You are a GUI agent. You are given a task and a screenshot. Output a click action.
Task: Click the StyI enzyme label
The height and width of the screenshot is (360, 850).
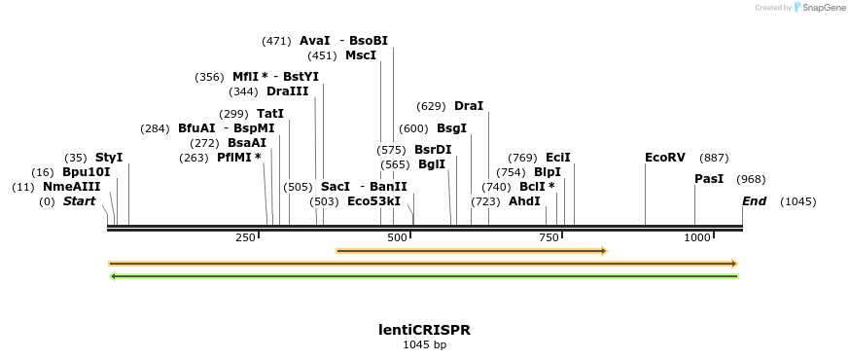109,158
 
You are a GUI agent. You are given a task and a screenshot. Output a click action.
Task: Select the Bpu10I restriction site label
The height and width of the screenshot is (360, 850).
87,172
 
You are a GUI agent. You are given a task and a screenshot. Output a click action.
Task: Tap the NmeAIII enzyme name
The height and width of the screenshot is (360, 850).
72,187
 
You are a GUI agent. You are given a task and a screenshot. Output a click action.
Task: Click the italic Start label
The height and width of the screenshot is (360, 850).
80,201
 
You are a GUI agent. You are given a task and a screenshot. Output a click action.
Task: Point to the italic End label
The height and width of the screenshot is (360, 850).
754,201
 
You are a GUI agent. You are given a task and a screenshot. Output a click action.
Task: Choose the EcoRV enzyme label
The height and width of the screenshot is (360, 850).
665,158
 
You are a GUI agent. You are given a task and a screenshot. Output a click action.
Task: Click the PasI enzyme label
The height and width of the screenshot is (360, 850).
709,179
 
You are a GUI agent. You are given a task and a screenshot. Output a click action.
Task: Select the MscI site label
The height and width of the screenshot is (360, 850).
361,55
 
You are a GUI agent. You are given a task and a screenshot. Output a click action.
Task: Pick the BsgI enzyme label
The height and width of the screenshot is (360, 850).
451,128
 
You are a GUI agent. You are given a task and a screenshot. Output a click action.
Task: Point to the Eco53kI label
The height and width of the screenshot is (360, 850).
373,201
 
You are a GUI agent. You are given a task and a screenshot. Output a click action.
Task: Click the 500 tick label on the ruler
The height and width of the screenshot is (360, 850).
397,237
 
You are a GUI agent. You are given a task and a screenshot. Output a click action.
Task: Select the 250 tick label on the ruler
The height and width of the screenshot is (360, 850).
246,237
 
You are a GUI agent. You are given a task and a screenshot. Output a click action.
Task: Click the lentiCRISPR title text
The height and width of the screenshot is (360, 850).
424,330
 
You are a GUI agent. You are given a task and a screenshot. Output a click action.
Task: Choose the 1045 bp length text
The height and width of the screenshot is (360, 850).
424,344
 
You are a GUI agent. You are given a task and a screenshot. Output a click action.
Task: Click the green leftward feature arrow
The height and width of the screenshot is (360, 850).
424,276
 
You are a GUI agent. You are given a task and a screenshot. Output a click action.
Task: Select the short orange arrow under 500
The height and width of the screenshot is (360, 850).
471,251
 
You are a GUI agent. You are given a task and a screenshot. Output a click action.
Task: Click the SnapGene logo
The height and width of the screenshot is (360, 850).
819,8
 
